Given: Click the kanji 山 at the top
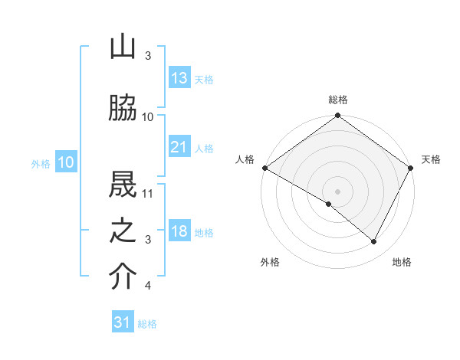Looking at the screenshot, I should point(123,47).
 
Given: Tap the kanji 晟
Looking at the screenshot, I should point(123,183).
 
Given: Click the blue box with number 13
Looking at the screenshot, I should point(179,77).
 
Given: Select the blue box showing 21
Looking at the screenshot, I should point(179,146).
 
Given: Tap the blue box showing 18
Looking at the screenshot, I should point(179,231).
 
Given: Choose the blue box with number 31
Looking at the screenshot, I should point(123,322).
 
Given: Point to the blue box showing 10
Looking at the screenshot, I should point(66,162).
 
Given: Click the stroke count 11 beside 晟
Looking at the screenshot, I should point(149,192).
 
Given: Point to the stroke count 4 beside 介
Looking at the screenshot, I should point(148,286).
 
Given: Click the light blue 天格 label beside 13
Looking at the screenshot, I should point(204,79).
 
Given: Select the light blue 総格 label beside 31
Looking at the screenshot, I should point(147,324).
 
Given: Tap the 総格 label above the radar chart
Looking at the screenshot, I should point(338,100).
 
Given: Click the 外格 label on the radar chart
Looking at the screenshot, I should point(270,262).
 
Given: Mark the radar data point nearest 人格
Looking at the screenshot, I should point(264,168).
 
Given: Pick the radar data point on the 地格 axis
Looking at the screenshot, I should point(374,241).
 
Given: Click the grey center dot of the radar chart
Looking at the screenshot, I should point(338,191).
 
